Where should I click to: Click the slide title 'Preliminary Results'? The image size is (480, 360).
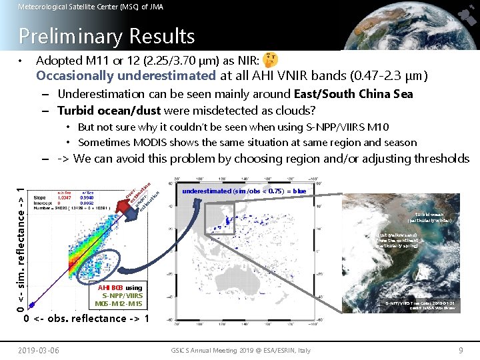coord(107,36)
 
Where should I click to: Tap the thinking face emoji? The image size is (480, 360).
coord(271,60)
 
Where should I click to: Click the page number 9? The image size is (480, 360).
coord(461,350)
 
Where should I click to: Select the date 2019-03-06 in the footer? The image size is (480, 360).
coord(38,350)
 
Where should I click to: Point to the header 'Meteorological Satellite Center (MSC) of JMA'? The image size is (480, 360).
coord(90,7)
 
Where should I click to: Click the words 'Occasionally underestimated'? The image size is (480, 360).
coord(125,75)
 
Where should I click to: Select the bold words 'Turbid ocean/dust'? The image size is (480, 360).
coord(109,110)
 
